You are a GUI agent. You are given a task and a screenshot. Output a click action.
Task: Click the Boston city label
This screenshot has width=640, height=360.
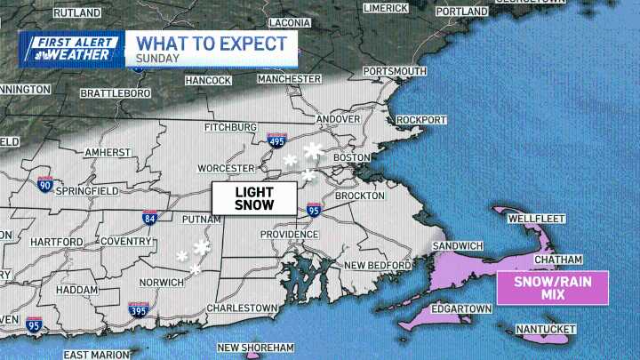tap(351, 157)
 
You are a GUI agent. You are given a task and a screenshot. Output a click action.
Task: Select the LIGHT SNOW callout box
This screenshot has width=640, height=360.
tap(253, 197)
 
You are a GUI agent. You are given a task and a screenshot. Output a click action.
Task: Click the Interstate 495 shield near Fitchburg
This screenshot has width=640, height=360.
tap(276, 140)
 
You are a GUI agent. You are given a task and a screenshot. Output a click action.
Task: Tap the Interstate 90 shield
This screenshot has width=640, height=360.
tap(44, 185)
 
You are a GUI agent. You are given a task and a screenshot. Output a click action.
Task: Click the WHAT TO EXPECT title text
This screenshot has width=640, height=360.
tap(212, 43)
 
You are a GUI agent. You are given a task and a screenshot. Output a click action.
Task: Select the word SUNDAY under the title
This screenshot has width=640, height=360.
tap(158, 60)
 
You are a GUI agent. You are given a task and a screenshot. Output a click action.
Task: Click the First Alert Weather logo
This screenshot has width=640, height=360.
tap(71, 48)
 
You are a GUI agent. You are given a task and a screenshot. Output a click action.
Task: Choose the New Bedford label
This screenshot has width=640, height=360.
tap(375, 265)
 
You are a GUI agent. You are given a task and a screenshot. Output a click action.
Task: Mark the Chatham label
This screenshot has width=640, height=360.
tap(557, 260)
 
